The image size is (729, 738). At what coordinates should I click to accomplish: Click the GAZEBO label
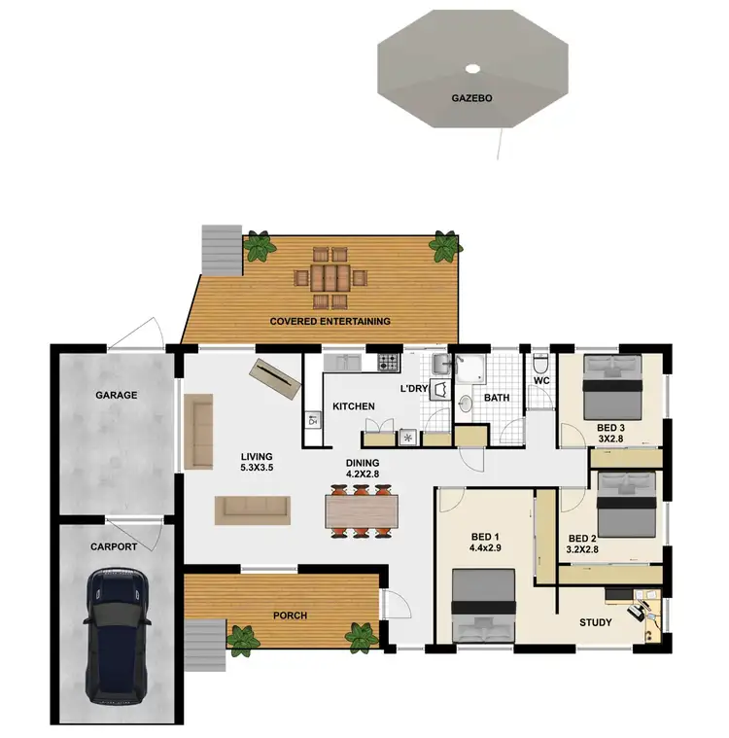coord(472,98)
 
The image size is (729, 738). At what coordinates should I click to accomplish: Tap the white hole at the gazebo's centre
coord(472,69)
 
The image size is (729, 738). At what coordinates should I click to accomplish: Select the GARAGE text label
coord(116,396)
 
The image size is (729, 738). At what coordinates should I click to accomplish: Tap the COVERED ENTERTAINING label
coord(330,321)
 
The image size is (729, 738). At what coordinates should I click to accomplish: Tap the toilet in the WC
coord(541,365)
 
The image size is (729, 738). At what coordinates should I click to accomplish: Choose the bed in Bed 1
coord(484,605)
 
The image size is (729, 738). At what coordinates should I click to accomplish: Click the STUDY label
coord(595,622)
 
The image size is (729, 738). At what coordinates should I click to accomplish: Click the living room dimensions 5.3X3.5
coord(257,468)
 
